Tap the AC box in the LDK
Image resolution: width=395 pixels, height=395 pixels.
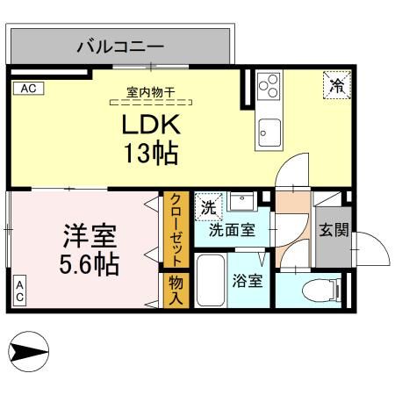click(27, 88)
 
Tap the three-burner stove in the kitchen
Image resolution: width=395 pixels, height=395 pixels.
click(269, 88)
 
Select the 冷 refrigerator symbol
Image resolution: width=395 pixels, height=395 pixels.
click(336, 85)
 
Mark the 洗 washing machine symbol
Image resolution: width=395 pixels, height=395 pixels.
click(208, 207)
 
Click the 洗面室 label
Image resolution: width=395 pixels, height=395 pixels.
click(232, 231)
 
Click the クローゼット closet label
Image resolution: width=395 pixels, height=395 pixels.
click(176, 229)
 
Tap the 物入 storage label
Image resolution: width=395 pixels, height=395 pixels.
click(176, 290)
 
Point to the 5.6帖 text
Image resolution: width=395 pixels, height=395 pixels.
click(90, 262)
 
